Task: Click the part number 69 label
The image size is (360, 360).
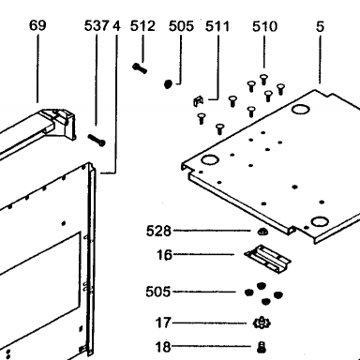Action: coord(37,25)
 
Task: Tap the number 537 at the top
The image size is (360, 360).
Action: coord(97,26)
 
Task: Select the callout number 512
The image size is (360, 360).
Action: coord(142,26)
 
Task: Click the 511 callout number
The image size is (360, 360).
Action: coord(217,26)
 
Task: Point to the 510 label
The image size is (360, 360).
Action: coord(264,26)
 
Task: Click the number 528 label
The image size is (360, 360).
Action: coord(158,232)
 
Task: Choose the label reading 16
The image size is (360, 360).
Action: coord(164,255)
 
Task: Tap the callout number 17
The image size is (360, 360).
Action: coord(163,322)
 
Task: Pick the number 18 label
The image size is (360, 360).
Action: coord(163,347)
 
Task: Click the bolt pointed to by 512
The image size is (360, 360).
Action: coord(140,68)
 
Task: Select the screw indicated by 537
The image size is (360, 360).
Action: coord(97,141)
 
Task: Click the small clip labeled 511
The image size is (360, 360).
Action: coord(198,101)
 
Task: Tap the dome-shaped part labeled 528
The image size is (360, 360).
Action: coord(262,232)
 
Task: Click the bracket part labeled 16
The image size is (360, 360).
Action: coord(267,259)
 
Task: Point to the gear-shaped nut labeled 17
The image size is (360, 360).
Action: coord(262,322)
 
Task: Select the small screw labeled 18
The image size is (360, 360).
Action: coord(262,347)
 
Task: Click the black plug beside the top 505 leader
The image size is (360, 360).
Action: coord(168,83)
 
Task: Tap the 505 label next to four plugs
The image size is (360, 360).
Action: coord(158,292)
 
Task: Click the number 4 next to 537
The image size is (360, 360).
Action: coord(116,26)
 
